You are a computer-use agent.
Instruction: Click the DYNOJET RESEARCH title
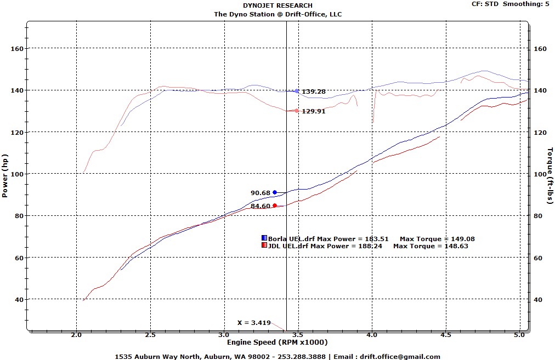click(277, 6)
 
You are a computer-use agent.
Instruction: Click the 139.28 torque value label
click(313, 92)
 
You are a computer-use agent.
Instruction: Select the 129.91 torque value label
click(313, 111)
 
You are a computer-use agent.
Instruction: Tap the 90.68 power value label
click(260, 193)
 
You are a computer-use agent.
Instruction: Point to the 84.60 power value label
click(260, 206)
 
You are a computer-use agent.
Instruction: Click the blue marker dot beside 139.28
click(297, 91)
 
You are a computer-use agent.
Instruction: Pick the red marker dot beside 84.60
click(275, 205)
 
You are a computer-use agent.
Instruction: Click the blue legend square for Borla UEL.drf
click(264, 238)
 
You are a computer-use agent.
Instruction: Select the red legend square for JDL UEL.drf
click(264, 246)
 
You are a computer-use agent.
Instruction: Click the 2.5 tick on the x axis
click(150, 334)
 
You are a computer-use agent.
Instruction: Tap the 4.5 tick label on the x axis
click(446, 334)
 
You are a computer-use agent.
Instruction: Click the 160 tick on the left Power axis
click(17, 49)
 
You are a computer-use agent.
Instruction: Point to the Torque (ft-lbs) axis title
click(550, 175)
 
